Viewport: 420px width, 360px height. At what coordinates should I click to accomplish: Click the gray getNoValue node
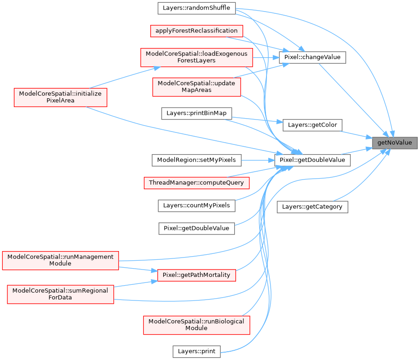point(395,143)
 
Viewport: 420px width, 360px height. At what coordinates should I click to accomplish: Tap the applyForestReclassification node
point(196,31)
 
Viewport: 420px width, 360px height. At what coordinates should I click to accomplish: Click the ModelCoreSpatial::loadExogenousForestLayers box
point(196,57)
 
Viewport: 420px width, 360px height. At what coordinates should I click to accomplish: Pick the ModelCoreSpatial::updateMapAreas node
point(196,86)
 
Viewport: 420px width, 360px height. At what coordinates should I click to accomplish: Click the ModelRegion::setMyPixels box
point(196,160)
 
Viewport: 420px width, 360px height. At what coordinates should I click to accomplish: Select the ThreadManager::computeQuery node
point(196,183)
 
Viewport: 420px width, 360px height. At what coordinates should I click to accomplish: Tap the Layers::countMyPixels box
point(196,205)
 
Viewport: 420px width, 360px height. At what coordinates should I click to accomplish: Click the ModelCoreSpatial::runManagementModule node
point(60,260)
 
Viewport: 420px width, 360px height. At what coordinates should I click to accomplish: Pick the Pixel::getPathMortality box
point(196,275)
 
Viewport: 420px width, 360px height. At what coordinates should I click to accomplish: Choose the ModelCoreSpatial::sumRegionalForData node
point(60,294)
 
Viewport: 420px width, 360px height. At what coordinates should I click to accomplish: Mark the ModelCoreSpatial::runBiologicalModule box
point(196,324)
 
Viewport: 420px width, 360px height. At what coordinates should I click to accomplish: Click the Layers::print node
point(196,351)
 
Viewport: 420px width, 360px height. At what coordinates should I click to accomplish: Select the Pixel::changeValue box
point(313,57)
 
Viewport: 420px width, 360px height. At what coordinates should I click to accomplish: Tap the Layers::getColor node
point(313,125)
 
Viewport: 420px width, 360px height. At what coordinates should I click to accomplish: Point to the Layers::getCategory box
point(312,207)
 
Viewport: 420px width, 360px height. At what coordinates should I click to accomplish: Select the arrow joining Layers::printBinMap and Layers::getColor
point(256,120)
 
